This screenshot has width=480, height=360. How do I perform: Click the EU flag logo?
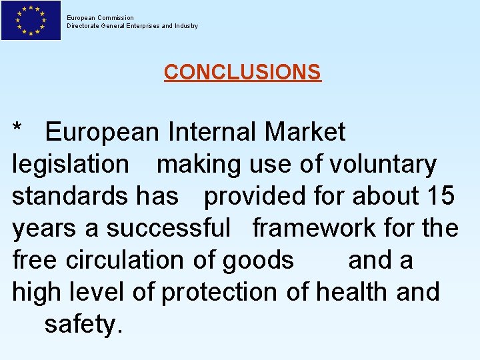31,20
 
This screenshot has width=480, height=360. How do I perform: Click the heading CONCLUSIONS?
242,72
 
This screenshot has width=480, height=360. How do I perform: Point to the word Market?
305,132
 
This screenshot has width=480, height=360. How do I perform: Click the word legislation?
71,164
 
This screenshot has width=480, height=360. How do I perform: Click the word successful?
168,228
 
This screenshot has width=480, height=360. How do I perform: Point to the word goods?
258,260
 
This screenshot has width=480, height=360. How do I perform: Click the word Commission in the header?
115,18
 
